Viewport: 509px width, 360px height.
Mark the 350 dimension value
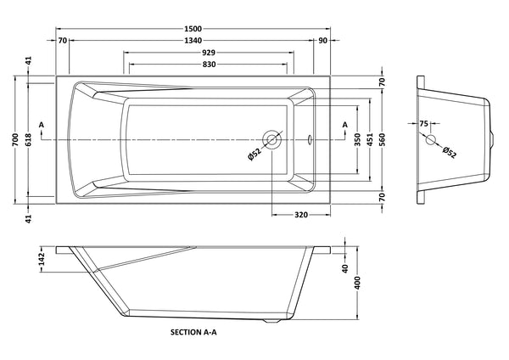(x=357, y=139)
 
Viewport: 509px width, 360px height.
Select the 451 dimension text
(x=370, y=139)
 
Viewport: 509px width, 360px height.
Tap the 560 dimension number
(x=383, y=139)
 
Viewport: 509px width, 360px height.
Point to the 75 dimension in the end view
(x=424, y=125)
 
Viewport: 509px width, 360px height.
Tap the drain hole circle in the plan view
(x=271, y=139)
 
